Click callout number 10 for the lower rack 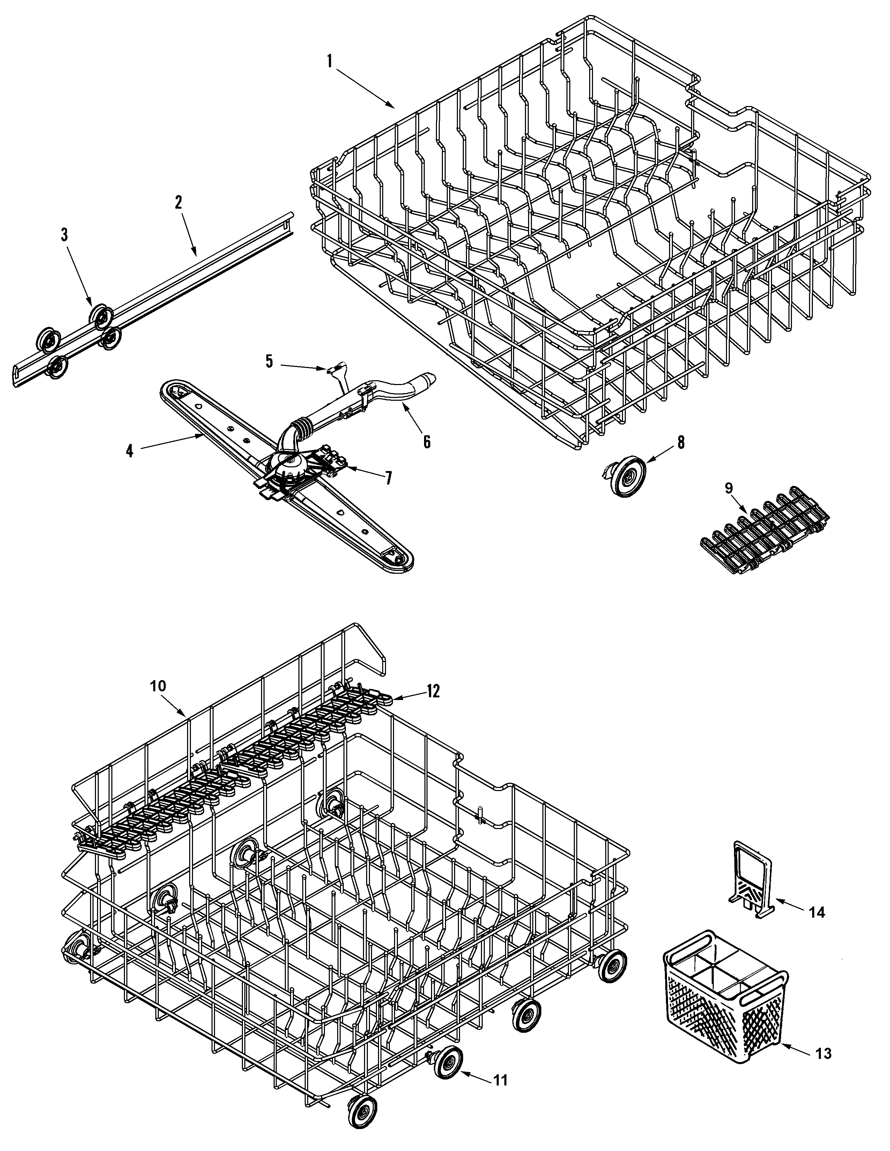(158, 686)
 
